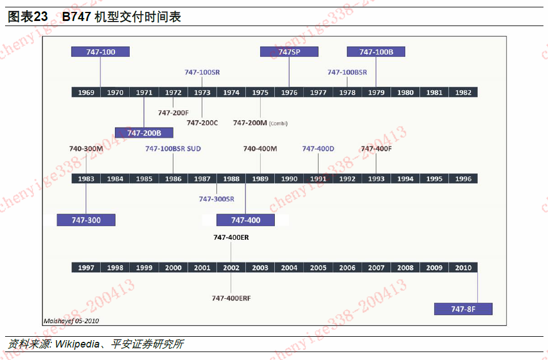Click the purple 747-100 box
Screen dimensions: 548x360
100,52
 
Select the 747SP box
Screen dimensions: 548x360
289,52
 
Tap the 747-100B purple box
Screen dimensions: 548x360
376,52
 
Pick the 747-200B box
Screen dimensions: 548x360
144,133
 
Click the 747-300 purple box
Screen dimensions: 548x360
86,220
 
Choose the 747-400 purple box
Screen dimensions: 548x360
245,220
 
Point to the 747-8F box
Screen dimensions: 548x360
463,309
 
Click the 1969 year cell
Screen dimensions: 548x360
86,92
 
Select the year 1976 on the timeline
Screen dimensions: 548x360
289,92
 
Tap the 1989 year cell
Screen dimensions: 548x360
260,179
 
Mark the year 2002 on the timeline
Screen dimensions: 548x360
231,268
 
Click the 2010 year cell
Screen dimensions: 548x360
463,268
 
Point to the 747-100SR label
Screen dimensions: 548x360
202,72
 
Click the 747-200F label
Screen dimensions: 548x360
173,113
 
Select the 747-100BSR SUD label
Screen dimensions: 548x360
173,149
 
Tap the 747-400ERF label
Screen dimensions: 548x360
231,298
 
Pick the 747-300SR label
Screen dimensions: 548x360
216,199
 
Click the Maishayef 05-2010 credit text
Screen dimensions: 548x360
71,321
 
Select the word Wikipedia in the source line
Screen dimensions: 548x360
76,344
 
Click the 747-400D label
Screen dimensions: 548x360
318,149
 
